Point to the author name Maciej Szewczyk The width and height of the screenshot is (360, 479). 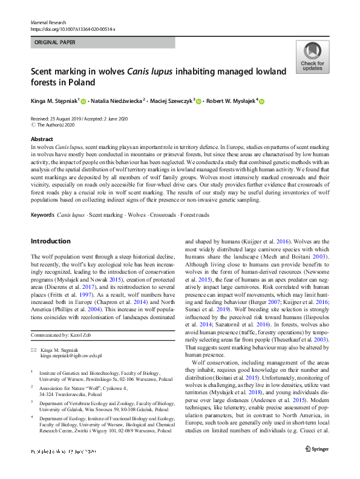point(172,101)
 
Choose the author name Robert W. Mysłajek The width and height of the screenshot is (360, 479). point(229,101)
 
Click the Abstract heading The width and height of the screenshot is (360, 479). point(41,139)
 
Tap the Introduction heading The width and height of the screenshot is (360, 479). point(50,241)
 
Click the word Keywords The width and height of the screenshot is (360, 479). point(42,215)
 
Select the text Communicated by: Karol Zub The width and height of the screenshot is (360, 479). point(62,335)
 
